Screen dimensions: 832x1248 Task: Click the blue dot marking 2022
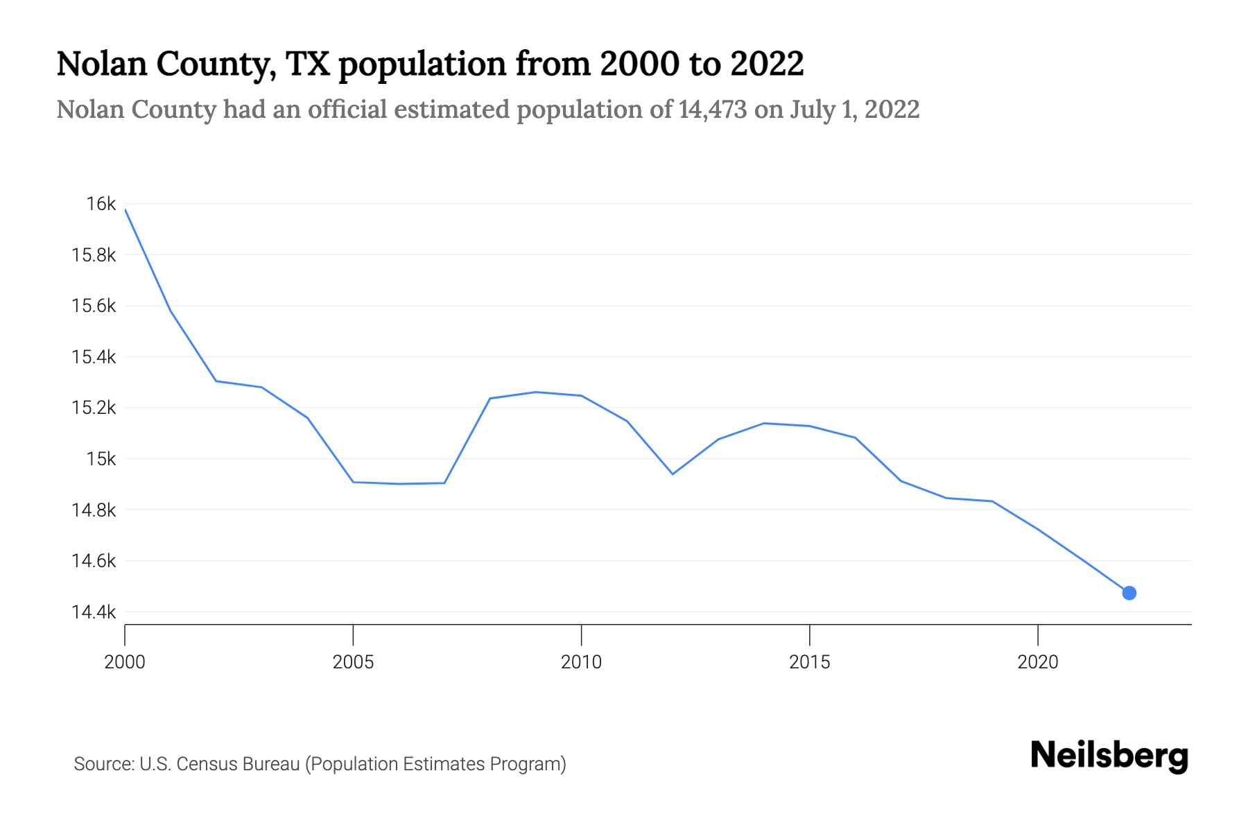[1129, 593]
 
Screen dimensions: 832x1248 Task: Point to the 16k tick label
[101, 204]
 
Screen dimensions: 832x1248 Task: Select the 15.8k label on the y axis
[94, 255]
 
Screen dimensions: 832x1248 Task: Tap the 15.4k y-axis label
[94, 357]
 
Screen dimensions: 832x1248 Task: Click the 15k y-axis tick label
[101, 459]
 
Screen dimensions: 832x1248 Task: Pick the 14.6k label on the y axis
[94, 561]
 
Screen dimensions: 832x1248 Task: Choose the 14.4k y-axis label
[94, 612]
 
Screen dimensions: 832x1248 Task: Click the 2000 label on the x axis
[125, 662]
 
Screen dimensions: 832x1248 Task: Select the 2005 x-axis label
[353, 662]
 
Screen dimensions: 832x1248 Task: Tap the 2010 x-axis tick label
[581, 662]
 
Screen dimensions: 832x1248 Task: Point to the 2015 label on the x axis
[809, 662]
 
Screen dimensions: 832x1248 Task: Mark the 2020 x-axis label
[1037, 662]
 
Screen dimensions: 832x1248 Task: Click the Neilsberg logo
[1109, 756]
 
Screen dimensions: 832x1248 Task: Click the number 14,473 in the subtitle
[713, 110]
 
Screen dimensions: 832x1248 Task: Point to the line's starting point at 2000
[125, 209]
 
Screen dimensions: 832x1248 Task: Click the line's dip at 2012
[673, 474]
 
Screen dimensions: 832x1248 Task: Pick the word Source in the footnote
[103, 764]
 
